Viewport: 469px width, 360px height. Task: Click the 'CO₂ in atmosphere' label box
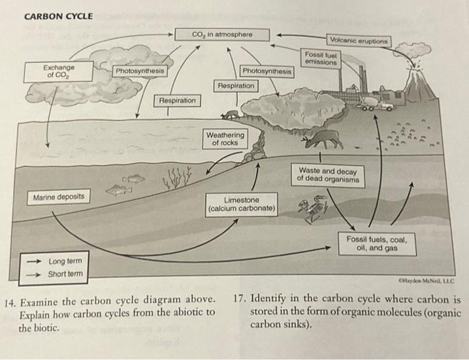(220, 35)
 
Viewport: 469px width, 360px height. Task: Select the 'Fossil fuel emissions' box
(319, 58)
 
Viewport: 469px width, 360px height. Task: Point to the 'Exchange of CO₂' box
(59, 71)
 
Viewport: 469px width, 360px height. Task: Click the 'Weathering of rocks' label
(225, 139)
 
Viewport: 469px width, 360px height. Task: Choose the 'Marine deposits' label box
(59, 196)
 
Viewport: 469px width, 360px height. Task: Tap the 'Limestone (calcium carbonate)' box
(241, 204)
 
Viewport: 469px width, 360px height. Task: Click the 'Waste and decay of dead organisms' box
(330, 175)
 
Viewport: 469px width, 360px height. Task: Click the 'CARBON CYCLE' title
(58, 16)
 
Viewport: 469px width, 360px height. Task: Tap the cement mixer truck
(379, 104)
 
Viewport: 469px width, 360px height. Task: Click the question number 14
(10, 299)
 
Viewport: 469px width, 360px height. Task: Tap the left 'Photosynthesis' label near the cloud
(139, 71)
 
